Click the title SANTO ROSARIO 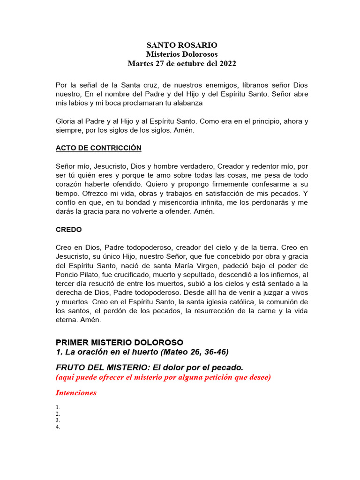point(182,45)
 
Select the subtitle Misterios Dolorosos point(182,54)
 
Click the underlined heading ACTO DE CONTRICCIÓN point(98,148)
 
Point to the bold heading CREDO point(69,230)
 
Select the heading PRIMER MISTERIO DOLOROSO point(120,342)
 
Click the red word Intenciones point(76,393)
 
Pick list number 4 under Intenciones point(58,427)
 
